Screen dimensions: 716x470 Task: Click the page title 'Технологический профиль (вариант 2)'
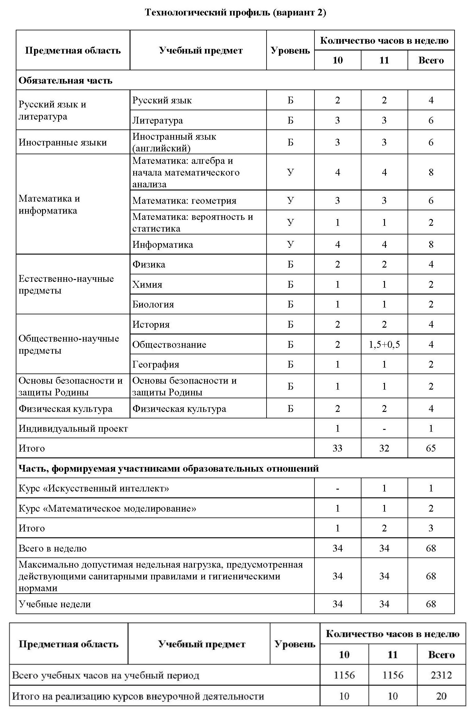(x=235, y=13)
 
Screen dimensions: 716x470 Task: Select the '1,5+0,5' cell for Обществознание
(x=384, y=344)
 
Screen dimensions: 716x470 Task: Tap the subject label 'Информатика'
(x=163, y=245)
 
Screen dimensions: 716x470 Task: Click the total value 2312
(x=441, y=675)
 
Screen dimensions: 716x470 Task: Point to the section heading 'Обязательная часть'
(x=65, y=81)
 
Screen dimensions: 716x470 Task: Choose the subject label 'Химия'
(x=147, y=285)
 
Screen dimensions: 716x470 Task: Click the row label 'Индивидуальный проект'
(x=73, y=429)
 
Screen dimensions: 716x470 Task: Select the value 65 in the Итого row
(x=431, y=448)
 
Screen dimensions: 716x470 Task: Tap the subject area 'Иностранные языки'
(x=63, y=142)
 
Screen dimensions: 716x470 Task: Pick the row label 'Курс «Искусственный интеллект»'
(x=94, y=488)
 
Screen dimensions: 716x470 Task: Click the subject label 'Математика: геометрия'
(x=184, y=201)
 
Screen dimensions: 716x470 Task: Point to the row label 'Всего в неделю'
(x=53, y=548)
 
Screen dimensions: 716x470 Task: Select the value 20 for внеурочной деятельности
(x=441, y=696)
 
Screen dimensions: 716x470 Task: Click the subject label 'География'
(x=156, y=365)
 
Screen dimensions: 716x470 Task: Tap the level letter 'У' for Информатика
(x=290, y=245)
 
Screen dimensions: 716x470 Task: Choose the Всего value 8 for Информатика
(x=431, y=245)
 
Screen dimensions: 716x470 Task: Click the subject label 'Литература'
(x=158, y=120)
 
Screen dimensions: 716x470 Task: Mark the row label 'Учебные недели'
(x=55, y=604)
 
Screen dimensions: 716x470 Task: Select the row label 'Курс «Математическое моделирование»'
(x=107, y=509)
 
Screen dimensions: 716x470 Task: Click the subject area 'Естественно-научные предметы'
(x=66, y=285)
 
